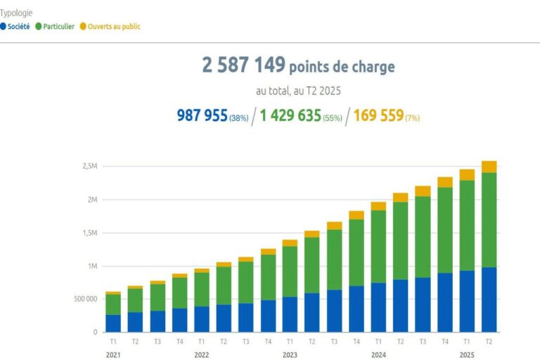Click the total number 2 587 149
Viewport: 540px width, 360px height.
[244, 66]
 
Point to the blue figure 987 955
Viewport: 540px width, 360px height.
[202, 116]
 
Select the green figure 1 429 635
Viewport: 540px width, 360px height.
[290, 116]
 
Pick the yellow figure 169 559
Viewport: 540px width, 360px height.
[378, 116]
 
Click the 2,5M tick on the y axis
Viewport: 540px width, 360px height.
[89, 167]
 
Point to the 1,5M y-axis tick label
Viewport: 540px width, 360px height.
[89, 233]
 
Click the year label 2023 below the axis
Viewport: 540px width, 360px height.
[290, 355]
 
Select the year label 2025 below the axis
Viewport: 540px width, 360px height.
[467, 355]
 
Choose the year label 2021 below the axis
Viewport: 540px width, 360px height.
[113, 355]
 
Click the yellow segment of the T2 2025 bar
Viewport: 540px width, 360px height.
[489, 167]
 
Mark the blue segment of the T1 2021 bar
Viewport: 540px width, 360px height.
[113, 323]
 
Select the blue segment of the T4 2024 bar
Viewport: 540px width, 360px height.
[444, 302]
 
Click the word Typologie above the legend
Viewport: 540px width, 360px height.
[16, 13]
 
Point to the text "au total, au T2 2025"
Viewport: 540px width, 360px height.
[297, 91]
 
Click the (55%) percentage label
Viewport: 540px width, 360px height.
[333, 118]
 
